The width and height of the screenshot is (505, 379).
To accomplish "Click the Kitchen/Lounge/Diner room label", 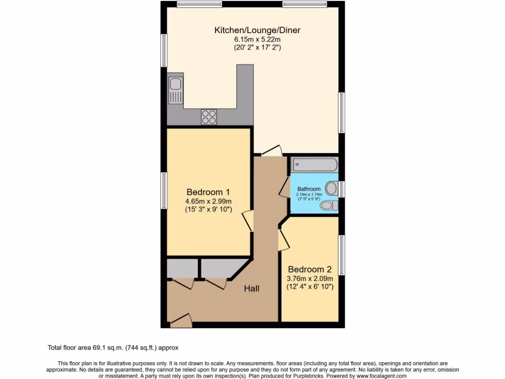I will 257,30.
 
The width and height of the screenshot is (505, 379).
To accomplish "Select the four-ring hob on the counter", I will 209,117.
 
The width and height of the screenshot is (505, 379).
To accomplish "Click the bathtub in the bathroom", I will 314,164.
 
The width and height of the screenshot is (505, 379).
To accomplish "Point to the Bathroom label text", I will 309,189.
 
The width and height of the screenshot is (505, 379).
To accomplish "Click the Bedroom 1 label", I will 208,192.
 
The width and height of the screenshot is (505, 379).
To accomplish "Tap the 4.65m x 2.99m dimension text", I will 208,201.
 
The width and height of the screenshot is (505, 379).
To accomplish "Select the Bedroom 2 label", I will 310,269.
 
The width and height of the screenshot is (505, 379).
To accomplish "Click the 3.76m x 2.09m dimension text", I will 310,278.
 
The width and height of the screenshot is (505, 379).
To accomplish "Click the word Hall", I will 252,289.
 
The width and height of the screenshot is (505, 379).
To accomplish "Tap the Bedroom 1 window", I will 163,190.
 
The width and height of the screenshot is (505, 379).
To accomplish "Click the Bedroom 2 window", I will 341,256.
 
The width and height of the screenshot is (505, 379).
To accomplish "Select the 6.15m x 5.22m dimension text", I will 257,39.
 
